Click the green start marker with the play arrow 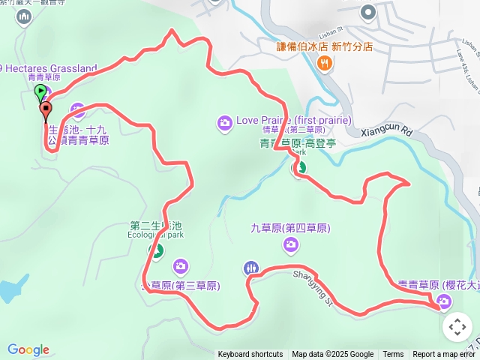click(x=40, y=93)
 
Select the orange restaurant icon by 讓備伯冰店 click(x=323, y=64)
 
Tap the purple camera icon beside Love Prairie click(x=223, y=122)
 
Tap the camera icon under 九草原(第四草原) click(x=291, y=243)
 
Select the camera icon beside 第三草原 click(x=180, y=265)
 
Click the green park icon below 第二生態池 click(x=157, y=250)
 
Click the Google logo click(x=28, y=349)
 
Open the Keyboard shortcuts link click(x=250, y=355)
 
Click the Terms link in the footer click(x=393, y=355)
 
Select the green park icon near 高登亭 click(x=298, y=169)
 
